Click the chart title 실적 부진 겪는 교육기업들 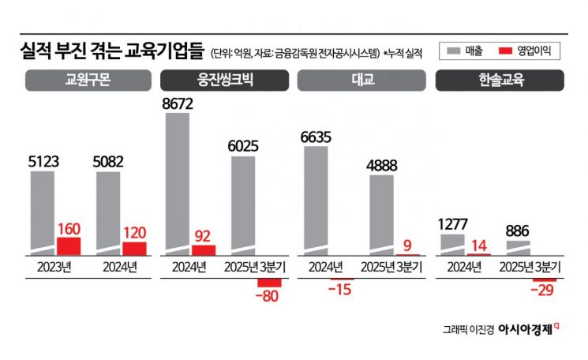point(114,53)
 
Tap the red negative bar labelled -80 point(269,282)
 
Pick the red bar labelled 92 point(204,249)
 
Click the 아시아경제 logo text point(524,328)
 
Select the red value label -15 point(342,291)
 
